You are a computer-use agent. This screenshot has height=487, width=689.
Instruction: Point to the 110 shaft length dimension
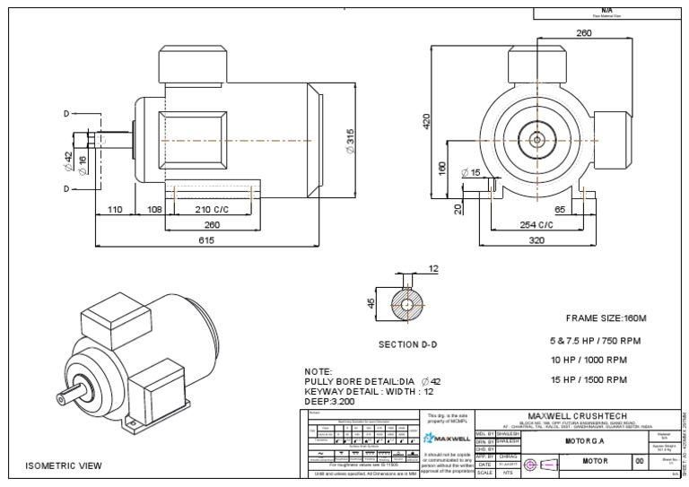115,210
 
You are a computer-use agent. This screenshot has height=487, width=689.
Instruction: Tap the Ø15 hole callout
469,172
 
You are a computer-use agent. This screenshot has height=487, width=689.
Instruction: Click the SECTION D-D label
409,344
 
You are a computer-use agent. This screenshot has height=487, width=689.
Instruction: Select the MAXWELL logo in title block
447,439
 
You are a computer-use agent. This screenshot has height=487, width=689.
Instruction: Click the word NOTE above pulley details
319,370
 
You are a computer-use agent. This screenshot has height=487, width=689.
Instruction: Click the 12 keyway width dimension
433,268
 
